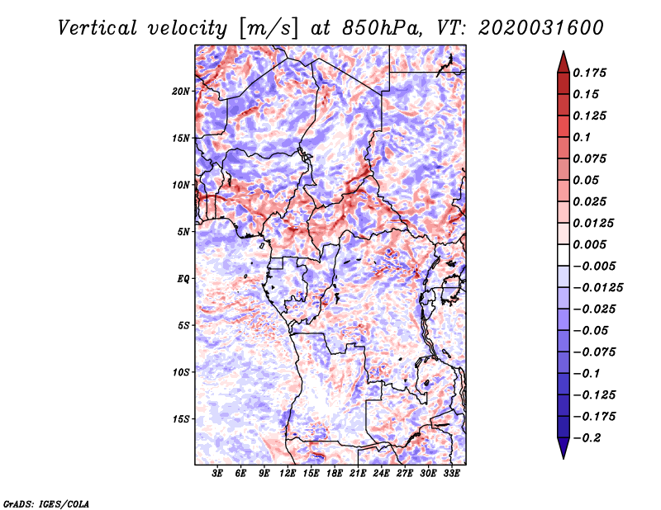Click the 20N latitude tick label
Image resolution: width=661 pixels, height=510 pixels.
click(181, 91)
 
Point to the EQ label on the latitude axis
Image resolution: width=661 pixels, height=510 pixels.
click(183, 279)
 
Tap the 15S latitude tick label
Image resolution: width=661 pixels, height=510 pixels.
click(181, 419)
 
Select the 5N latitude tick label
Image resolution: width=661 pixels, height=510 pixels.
click(183, 232)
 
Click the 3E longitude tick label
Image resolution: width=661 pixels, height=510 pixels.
click(218, 475)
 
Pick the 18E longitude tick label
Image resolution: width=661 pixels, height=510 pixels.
click(335, 475)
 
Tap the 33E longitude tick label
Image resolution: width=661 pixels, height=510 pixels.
click(452, 475)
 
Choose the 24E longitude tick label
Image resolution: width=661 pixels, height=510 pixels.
click(382, 475)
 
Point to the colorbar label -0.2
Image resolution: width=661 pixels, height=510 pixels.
click(589, 437)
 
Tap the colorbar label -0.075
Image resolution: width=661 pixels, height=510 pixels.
click(592, 352)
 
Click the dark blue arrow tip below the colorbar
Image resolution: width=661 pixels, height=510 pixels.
click(563, 455)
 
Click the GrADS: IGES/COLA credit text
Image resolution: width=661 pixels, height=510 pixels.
click(45, 503)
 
